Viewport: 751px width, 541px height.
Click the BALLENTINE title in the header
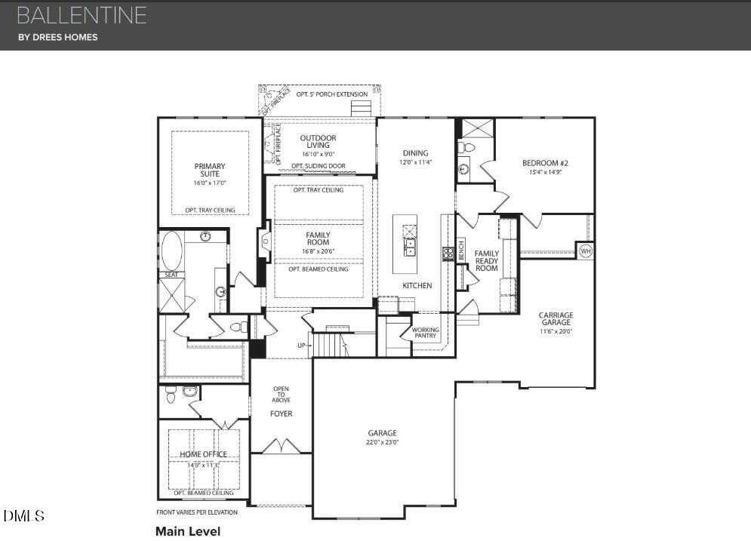81,15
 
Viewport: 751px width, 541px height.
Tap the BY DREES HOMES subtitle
58,37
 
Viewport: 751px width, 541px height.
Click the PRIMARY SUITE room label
210,170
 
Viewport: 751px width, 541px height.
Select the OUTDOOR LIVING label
318,141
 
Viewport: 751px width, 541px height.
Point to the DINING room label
415,153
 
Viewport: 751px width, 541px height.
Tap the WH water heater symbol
586,251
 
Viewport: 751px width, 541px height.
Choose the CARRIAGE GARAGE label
556,318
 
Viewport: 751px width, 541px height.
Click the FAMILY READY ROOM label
487,260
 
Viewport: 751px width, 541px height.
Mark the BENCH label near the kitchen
461,253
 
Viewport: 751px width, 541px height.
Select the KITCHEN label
417,285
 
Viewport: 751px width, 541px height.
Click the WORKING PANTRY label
425,332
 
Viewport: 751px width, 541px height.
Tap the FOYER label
281,413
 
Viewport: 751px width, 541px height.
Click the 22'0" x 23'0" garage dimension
383,442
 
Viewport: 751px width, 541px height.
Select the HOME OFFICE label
203,454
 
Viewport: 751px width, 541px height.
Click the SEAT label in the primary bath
171,275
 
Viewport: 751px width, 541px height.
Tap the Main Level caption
187,531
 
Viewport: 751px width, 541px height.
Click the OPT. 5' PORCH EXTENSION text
332,94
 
